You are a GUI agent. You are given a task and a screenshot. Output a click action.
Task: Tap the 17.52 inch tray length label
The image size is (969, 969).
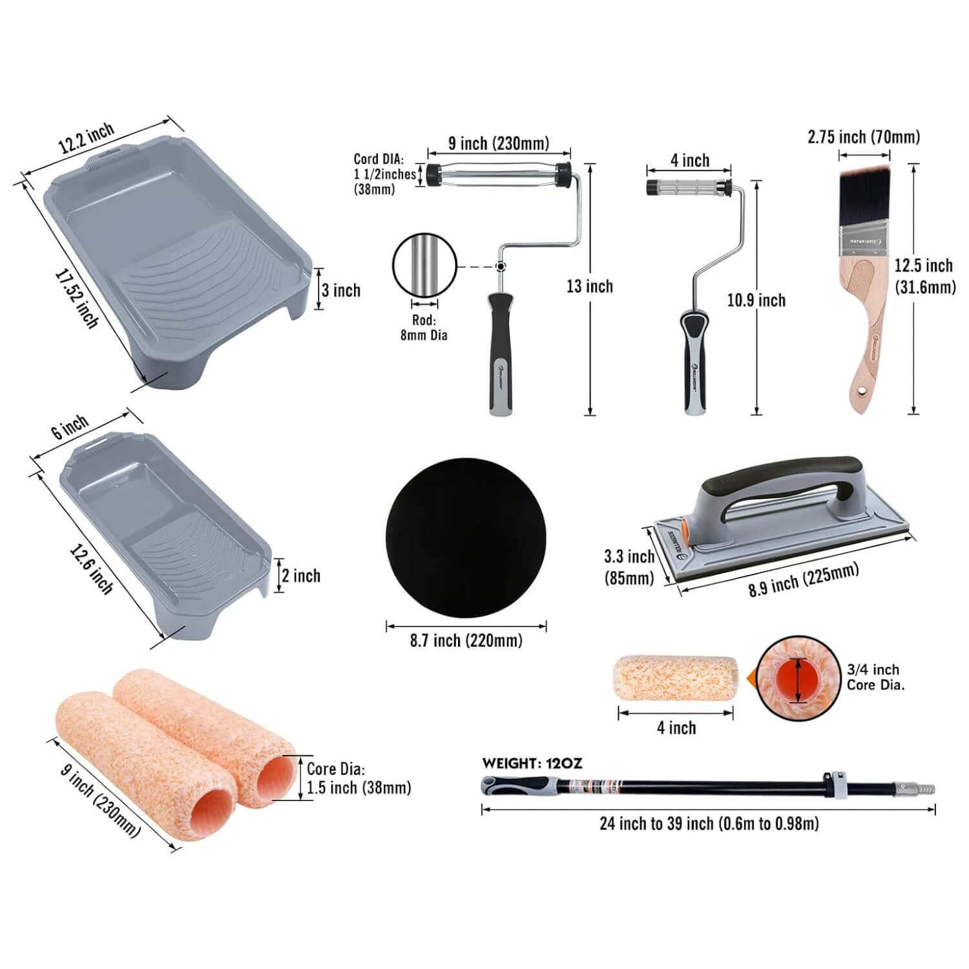(x=76, y=298)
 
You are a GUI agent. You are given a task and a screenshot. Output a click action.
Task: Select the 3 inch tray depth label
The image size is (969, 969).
(x=341, y=290)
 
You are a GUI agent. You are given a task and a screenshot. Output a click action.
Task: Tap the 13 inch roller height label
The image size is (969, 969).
(x=589, y=286)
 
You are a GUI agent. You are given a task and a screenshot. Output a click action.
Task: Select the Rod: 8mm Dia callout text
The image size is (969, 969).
(x=424, y=328)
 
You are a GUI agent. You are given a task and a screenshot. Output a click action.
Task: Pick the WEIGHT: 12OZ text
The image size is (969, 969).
(x=532, y=764)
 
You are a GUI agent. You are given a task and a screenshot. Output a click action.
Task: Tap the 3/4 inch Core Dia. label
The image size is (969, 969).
(x=875, y=677)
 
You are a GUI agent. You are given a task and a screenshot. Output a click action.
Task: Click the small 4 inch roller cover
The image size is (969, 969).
(x=675, y=678)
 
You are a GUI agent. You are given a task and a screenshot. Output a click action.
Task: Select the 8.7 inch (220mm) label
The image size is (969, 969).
(x=466, y=641)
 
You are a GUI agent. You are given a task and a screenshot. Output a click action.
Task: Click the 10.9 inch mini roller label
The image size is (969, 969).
(x=756, y=300)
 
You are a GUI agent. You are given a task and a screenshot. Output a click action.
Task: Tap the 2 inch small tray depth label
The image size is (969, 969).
(x=301, y=576)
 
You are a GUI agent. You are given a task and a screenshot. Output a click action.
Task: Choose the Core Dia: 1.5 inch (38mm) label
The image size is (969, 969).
(x=358, y=778)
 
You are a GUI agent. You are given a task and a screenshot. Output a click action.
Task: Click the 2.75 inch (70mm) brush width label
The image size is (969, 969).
(x=864, y=137)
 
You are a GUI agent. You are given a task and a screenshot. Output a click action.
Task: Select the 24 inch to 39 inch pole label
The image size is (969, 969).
(x=709, y=824)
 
